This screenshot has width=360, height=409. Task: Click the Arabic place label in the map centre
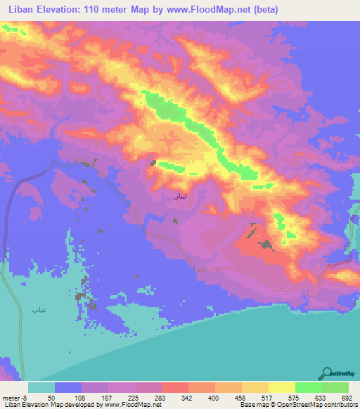click(175, 199)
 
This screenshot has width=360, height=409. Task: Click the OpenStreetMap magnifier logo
click(327, 374)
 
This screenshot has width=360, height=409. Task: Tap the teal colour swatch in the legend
click(41, 387)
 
